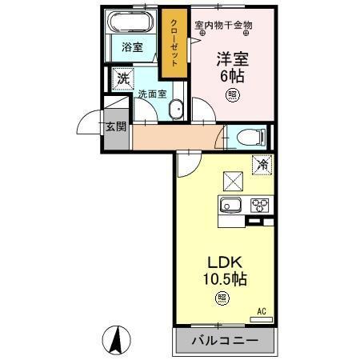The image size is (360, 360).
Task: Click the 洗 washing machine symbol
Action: (122, 78)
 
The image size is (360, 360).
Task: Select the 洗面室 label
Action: (151, 94)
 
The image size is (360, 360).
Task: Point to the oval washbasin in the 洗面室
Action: (178, 110)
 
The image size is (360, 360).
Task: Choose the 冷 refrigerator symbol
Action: (261, 165)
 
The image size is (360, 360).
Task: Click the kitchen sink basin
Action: (231, 204)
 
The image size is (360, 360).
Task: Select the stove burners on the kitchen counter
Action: (260, 204)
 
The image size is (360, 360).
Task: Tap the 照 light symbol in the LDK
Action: (220, 300)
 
